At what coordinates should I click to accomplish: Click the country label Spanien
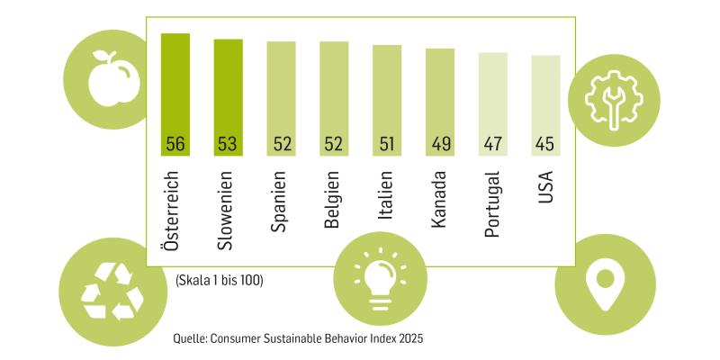point(281,202)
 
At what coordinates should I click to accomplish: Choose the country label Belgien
point(333,199)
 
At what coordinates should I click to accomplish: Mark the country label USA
point(545,186)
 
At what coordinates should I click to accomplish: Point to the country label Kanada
point(439,197)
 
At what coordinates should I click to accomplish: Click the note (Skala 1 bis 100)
point(220,281)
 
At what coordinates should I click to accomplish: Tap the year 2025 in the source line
point(408,339)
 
